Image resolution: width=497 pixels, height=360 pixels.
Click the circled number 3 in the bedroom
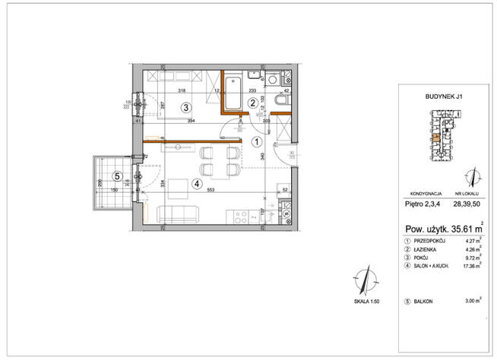coord(185,108)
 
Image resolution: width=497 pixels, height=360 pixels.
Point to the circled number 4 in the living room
coord(196,183)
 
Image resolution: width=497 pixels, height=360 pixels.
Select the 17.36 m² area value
coord(472,266)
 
